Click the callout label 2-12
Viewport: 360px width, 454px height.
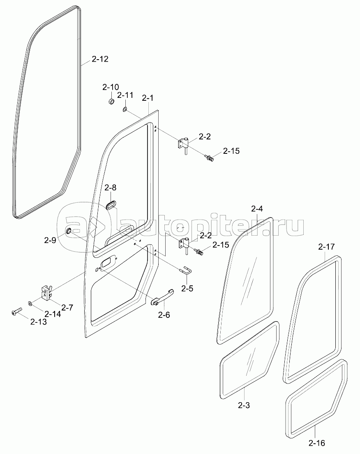pos(100,59)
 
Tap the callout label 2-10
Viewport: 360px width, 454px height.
pos(111,87)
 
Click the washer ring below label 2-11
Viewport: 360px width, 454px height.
pos(125,110)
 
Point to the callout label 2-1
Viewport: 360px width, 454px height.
pos(147,98)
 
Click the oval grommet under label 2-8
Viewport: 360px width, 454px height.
pos(111,205)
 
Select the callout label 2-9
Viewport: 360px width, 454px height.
pos(50,241)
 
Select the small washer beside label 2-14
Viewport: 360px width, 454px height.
pos(31,303)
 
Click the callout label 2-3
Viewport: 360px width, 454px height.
pos(244,405)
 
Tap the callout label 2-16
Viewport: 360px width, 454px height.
pos(316,443)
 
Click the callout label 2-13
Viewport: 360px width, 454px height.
pos(38,322)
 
